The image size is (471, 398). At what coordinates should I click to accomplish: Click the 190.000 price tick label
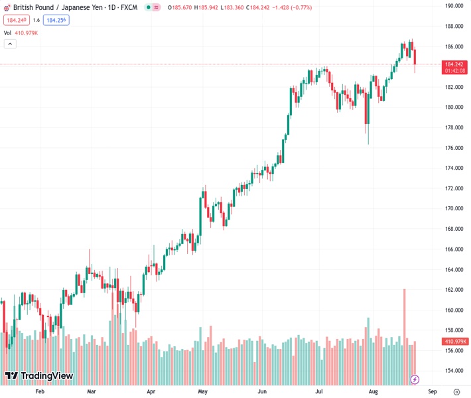click(x=454, y=6)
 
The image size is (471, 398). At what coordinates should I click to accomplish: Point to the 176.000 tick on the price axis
click(x=454, y=148)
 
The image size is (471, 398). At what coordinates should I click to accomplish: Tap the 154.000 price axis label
click(x=454, y=371)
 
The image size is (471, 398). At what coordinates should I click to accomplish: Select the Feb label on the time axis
click(x=39, y=391)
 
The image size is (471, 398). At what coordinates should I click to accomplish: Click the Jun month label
click(x=263, y=391)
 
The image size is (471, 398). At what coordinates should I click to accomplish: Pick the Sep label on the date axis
click(x=432, y=391)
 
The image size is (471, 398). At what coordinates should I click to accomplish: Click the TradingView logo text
click(x=39, y=376)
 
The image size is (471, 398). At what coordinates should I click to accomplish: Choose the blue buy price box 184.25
click(x=56, y=20)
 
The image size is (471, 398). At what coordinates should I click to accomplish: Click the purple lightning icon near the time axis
click(x=415, y=379)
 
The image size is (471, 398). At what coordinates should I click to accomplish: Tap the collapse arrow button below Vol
click(x=10, y=44)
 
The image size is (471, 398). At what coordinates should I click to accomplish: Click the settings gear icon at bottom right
click(x=456, y=391)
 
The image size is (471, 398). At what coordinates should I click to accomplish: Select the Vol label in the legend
click(x=7, y=33)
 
